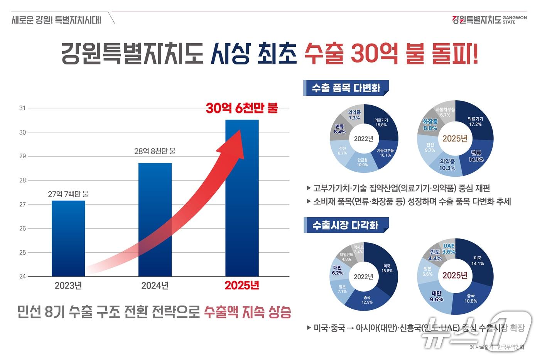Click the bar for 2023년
[68, 238]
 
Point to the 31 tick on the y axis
[22, 108]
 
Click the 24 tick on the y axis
[22, 276]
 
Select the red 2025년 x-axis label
[242, 286]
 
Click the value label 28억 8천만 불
[155, 151]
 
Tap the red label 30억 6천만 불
[242, 108]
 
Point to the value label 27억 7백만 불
[68, 194]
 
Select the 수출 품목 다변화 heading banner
[346, 88]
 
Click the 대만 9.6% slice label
[437, 296]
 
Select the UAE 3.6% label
[449, 249]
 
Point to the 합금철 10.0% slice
[362, 162]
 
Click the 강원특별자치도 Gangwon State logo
[489, 20]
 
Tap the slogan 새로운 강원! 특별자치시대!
[56, 20]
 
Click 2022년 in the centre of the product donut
[364, 139]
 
